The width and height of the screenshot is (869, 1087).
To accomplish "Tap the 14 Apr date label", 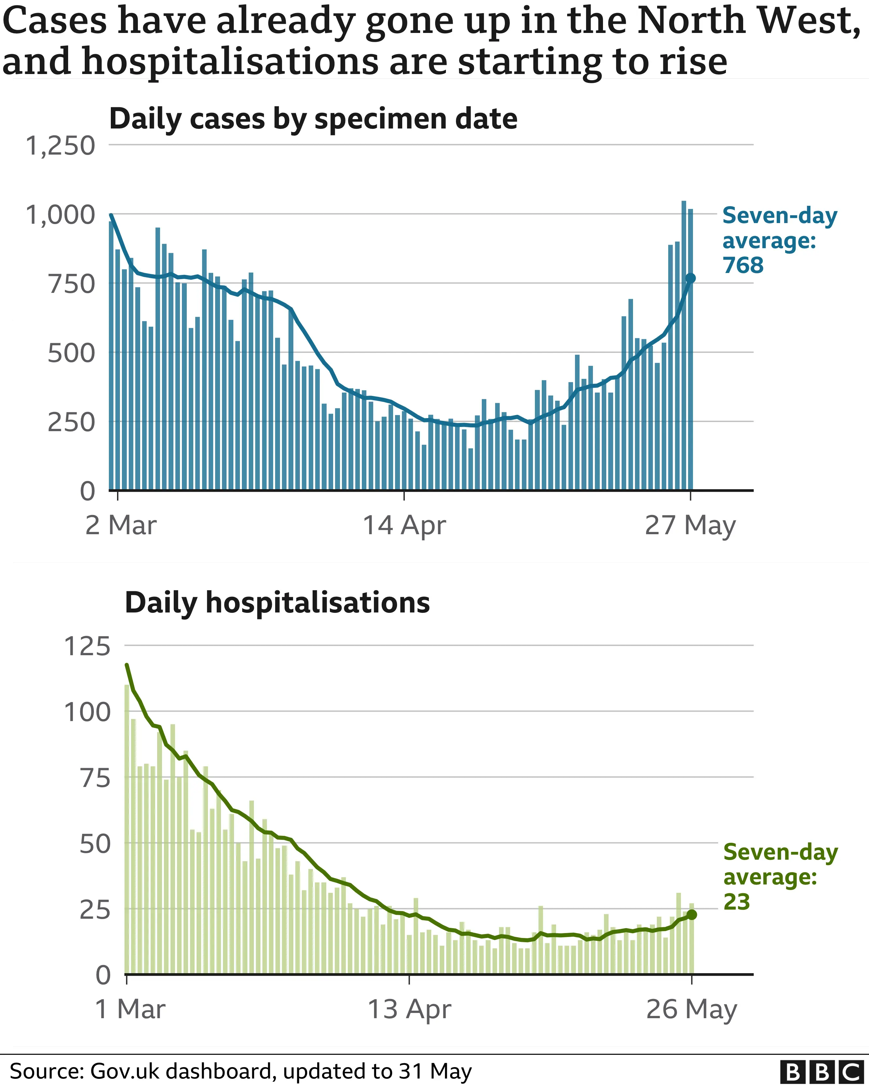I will point(404,525).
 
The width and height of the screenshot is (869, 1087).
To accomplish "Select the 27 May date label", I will point(690,525).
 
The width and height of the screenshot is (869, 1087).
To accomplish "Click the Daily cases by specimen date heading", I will point(313,119).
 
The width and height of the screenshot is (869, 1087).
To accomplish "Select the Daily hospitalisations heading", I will point(277,602).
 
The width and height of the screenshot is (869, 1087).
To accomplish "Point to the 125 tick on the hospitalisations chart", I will point(87,646).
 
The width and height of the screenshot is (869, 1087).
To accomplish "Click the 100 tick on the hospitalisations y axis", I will point(87,712).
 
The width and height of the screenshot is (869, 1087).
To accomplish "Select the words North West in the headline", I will point(748,21).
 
